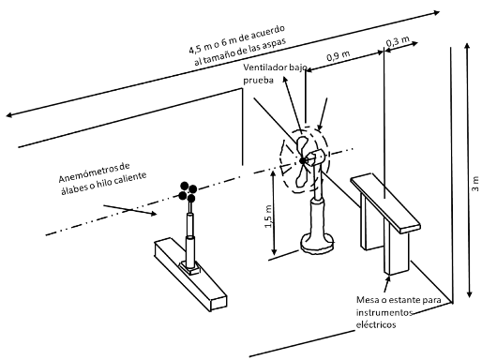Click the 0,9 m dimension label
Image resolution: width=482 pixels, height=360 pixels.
[x=339, y=56]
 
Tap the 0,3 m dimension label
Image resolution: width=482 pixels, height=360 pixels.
[x=398, y=41]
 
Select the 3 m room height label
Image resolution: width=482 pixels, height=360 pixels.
[x=475, y=184]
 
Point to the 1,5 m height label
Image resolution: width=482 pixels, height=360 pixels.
[x=269, y=217]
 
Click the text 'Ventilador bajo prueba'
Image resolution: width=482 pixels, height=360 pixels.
[x=275, y=74]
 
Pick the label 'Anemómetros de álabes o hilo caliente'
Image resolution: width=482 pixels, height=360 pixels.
[x=102, y=179]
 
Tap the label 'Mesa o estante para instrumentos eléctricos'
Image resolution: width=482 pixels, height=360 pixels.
[x=399, y=312]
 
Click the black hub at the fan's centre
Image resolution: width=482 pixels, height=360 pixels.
[x=302, y=160]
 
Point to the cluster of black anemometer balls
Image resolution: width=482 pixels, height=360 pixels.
[x=188, y=191]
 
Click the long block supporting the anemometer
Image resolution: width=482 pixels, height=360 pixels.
[x=190, y=274]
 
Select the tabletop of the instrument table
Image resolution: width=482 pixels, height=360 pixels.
[x=385, y=204]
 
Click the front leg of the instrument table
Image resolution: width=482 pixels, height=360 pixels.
[x=396, y=251]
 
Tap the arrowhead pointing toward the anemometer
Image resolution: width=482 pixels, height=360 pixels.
[x=153, y=214]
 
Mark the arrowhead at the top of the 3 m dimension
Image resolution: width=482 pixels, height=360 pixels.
[x=467, y=46]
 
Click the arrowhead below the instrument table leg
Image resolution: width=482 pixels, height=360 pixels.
[x=388, y=279]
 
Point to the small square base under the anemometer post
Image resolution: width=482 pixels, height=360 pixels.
[x=189, y=268]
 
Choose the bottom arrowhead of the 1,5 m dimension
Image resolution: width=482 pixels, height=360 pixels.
[x=274, y=251]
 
